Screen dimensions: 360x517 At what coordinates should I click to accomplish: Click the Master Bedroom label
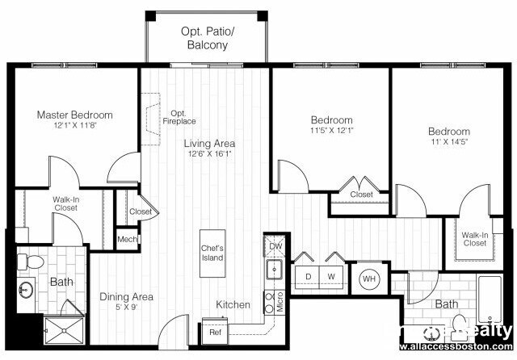pyautogui.click(x=74, y=115)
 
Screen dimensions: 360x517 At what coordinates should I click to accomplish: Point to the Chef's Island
pyautogui.click(x=212, y=253)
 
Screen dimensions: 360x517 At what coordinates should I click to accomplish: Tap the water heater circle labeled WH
pyautogui.click(x=369, y=279)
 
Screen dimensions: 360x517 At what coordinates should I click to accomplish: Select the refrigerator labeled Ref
pyautogui.click(x=215, y=332)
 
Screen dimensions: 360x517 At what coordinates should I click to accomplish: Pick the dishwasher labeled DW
pyautogui.click(x=275, y=246)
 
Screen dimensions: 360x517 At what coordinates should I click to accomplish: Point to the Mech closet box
pyautogui.click(x=126, y=239)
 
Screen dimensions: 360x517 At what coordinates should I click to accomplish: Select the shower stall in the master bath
pyautogui.click(x=63, y=331)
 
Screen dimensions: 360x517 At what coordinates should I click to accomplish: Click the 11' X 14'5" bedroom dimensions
pyautogui.click(x=449, y=143)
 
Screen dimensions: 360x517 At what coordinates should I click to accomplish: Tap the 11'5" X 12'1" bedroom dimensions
pyautogui.click(x=332, y=130)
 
